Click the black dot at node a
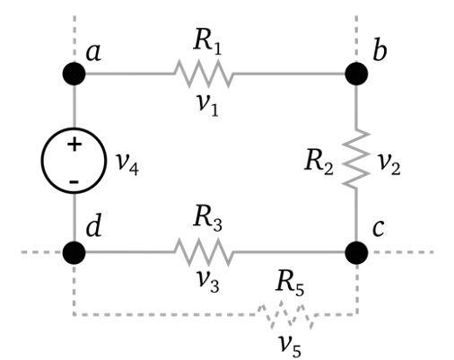tap(74, 74)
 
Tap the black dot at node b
tap(356, 74)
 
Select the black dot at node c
tap(356, 252)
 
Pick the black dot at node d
tap(74, 252)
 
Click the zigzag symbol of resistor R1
tap(204, 74)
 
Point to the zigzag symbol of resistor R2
tap(356, 159)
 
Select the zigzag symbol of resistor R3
tap(204, 252)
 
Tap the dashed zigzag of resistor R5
tap(286, 314)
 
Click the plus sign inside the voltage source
tap(74, 145)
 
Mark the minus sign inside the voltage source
tap(74, 181)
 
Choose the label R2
tap(319, 162)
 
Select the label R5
tap(290, 283)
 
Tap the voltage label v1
tap(208, 105)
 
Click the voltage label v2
tap(389, 163)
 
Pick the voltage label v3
tap(208, 281)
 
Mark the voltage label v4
tap(127, 164)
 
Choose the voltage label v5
tap(290, 347)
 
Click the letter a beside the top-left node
tap(93, 53)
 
